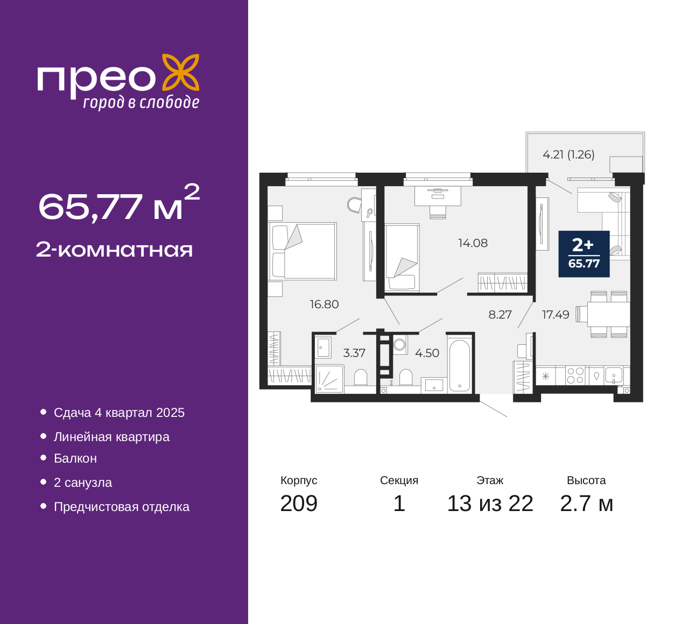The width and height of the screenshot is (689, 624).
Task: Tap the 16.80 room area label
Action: [x=324, y=304]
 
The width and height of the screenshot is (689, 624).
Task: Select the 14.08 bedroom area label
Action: [x=473, y=243]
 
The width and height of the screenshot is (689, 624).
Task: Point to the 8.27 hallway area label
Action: [x=500, y=315]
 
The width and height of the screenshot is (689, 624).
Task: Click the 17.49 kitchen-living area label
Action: [x=556, y=315]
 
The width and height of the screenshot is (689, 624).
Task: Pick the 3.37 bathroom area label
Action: [x=354, y=353]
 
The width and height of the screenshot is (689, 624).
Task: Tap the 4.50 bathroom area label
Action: [x=427, y=353]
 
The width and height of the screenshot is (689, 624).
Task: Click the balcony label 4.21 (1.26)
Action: [x=568, y=155]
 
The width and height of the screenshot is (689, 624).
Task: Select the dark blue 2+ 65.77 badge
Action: [x=584, y=254]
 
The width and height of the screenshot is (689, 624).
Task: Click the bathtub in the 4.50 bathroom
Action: [x=459, y=365]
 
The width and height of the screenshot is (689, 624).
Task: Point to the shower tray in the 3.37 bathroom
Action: [x=329, y=379]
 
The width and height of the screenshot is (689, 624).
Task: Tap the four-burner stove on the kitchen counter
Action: [x=575, y=375]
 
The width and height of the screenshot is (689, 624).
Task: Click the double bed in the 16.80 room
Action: [x=303, y=251]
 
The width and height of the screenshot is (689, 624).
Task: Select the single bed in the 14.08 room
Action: [x=402, y=258]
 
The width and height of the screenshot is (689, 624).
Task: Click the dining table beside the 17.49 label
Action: [x=608, y=314]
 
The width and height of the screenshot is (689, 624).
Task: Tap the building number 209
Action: [x=299, y=504]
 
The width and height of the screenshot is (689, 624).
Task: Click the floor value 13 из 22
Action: [x=490, y=504]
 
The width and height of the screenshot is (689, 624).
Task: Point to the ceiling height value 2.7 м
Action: [x=586, y=504]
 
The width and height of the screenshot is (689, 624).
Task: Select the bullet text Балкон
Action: [x=75, y=458]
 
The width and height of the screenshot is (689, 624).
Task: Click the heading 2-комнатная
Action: [x=114, y=250]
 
